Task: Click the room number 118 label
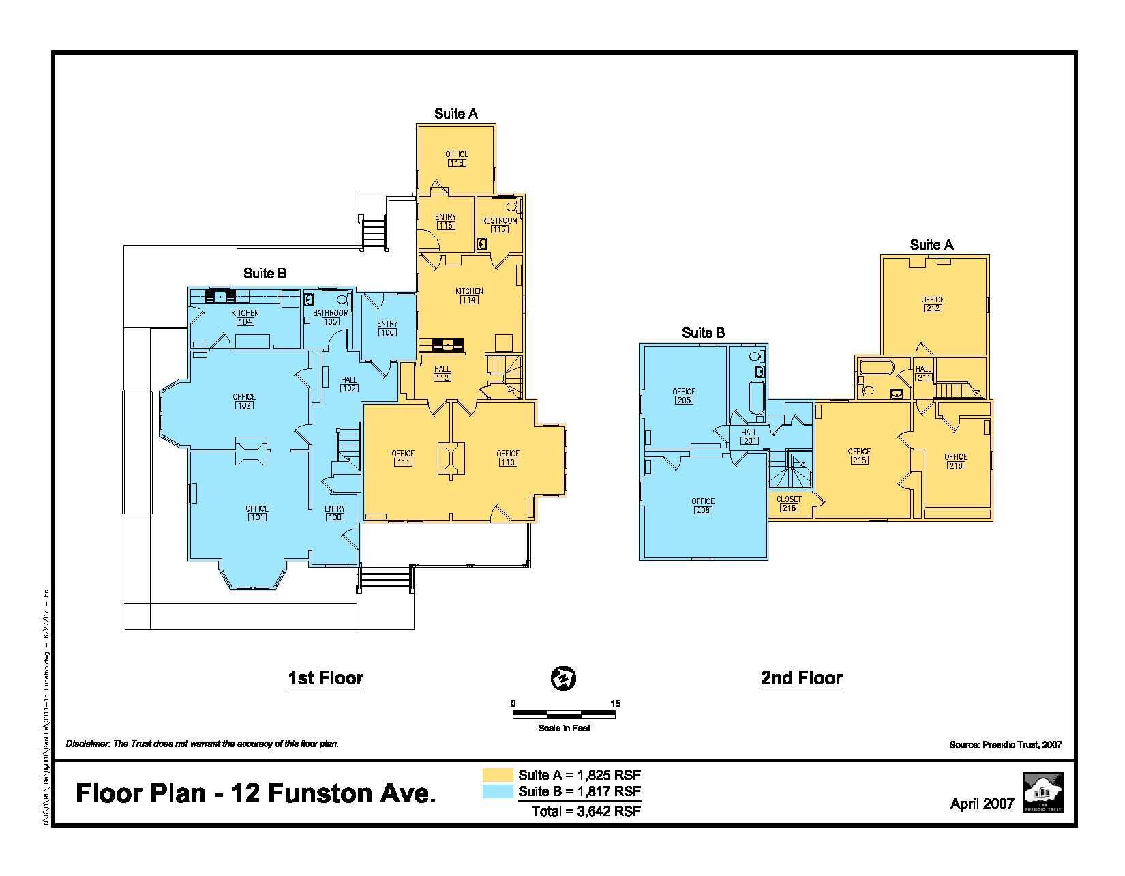457,164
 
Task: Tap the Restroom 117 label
499,225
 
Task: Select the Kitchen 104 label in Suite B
245,317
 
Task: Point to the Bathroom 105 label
331,317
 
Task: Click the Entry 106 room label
387,328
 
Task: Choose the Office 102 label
244,401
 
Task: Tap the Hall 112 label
442,374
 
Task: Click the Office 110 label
508,458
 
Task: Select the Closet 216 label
789,503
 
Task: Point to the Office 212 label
933,304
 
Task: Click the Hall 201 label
749,437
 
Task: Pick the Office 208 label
703,506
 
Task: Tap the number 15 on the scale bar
616,703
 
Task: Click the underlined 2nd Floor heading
802,678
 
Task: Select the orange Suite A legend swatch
498,775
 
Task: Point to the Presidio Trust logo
1042,792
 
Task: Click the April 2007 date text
982,804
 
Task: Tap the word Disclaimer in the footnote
87,744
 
